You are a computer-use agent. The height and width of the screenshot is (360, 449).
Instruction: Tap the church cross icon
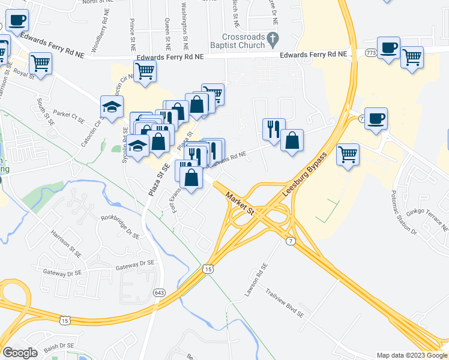(273, 40)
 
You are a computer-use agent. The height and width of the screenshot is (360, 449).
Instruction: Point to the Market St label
(241, 203)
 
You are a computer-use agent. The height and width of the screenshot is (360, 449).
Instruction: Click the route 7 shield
(291, 241)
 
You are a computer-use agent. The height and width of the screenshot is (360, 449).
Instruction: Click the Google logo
(20, 353)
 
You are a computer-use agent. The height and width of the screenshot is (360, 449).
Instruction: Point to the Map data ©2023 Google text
(412, 355)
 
